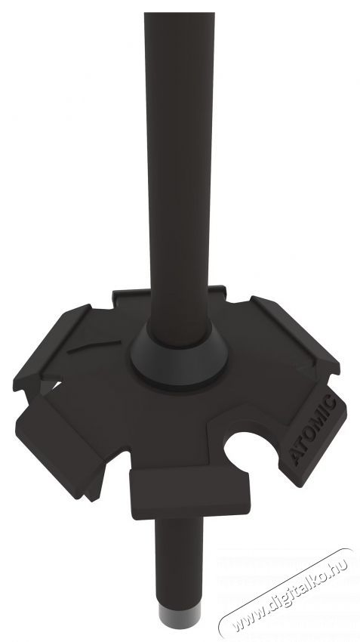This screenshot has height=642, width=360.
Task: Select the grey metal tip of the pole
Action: (x=180, y=617)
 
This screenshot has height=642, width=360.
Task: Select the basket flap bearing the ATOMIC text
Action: (x=312, y=435)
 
